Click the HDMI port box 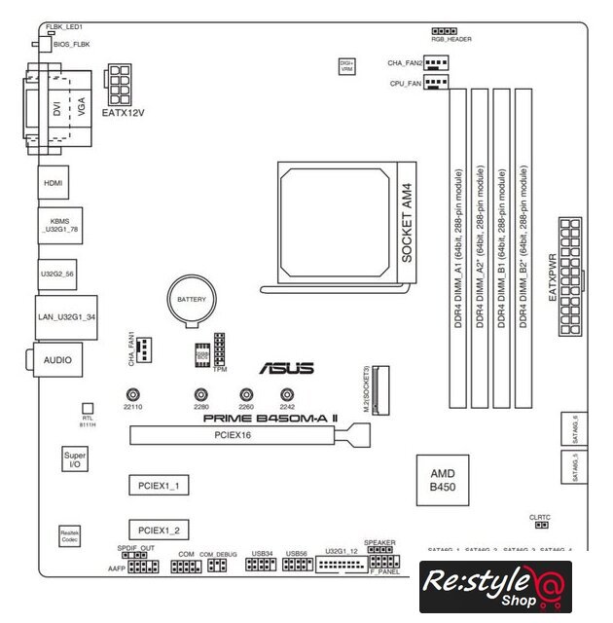[x=51, y=182]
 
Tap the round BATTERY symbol [x=191, y=302]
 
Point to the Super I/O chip [x=74, y=460]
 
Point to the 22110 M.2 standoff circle [x=132, y=395]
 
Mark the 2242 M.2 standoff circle [x=287, y=395]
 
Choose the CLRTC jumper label [x=540, y=516]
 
